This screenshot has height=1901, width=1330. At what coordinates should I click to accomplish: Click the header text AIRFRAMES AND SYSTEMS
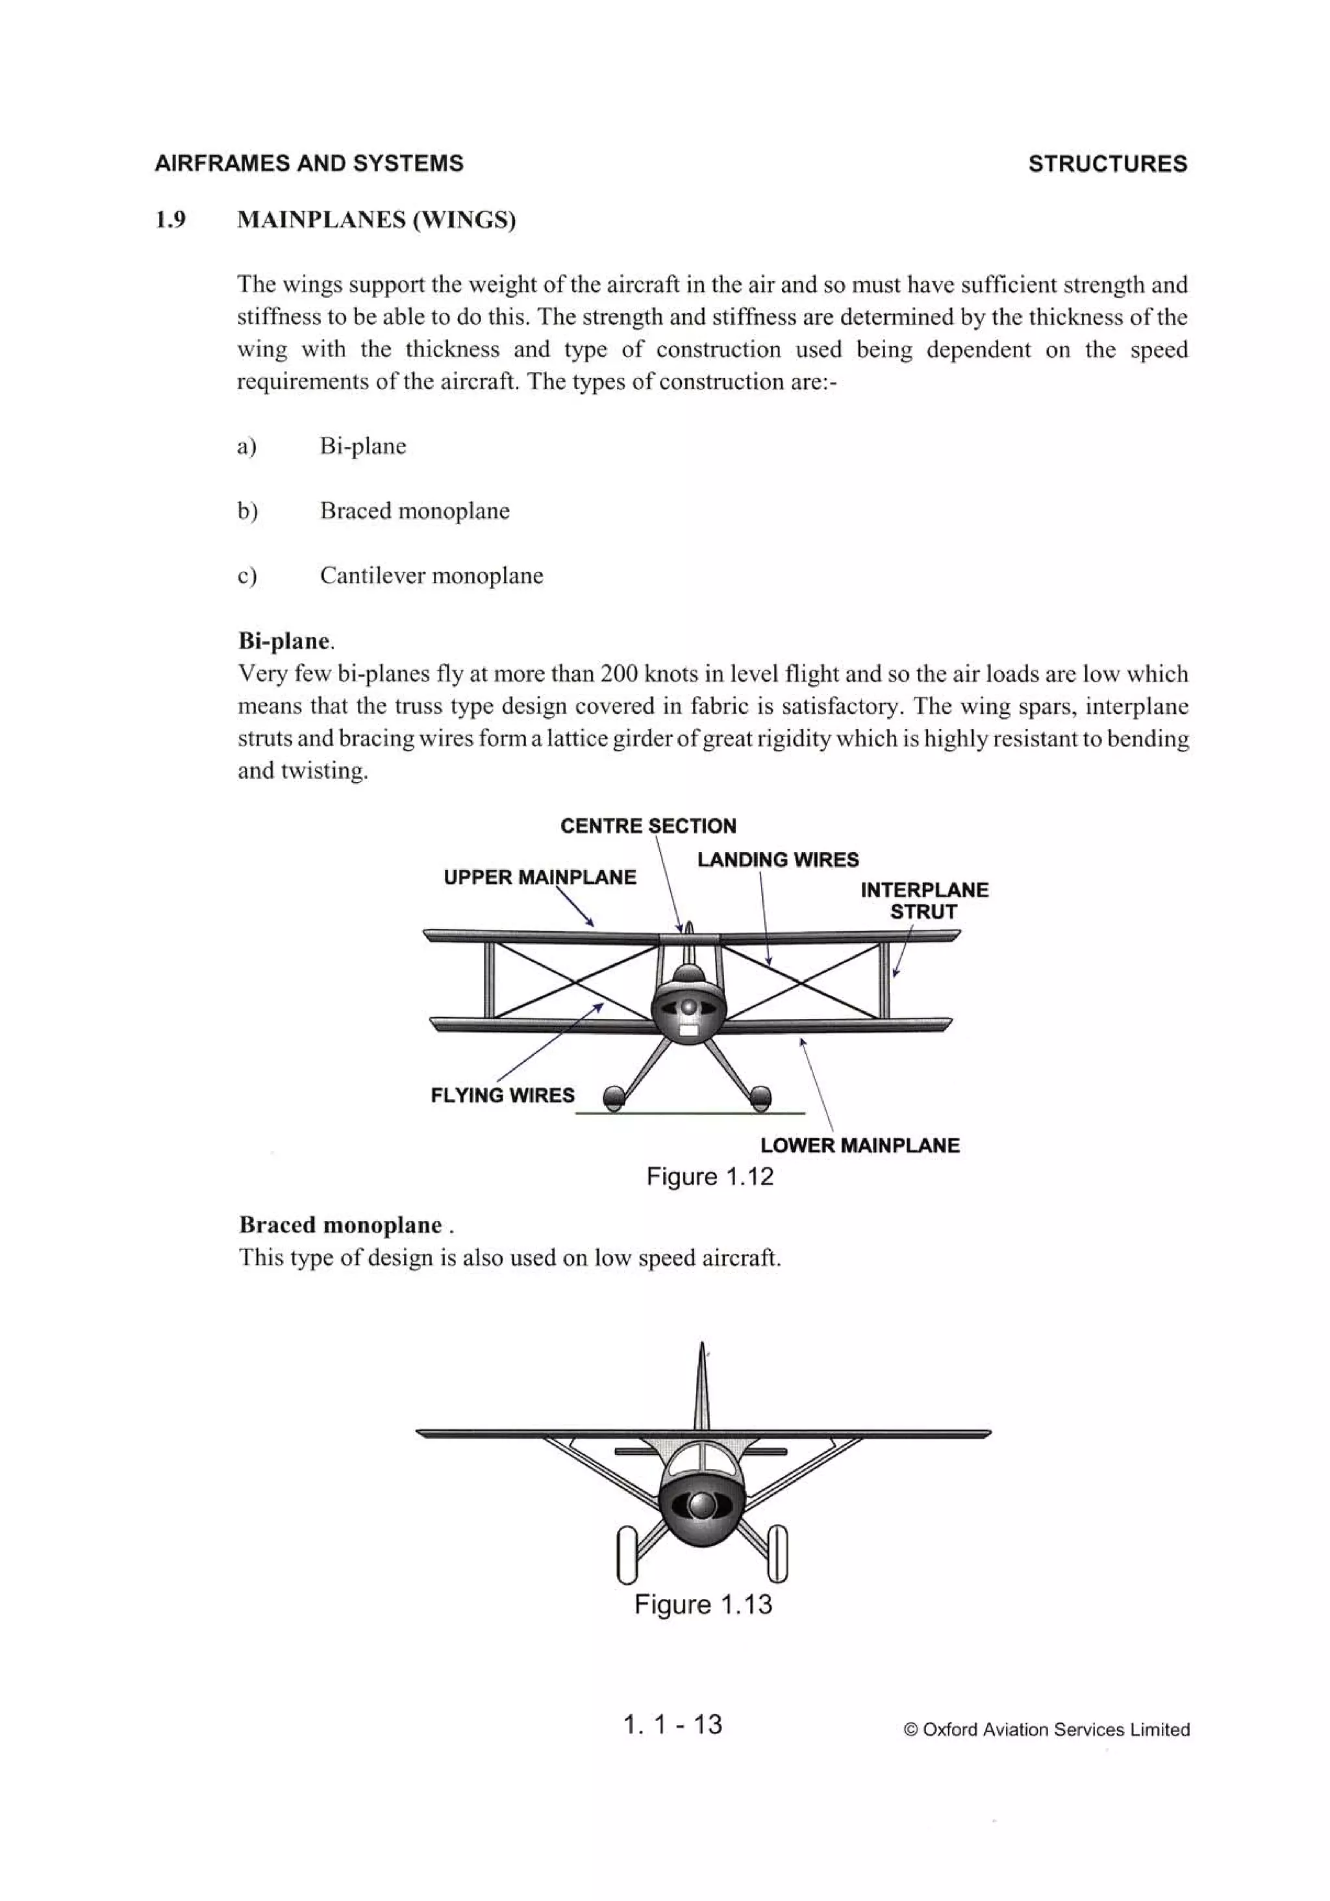[x=309, y=163]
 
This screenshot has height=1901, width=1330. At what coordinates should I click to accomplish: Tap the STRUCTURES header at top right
[x=1107, y=164]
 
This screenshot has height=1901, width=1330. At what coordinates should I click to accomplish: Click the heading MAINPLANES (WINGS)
[x=376, y=220]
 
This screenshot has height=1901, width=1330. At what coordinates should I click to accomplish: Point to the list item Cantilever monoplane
[x=431, y=575]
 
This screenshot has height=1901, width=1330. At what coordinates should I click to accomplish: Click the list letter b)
[x=247, y=511]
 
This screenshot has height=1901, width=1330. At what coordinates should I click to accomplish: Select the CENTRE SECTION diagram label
[x=647, y=825]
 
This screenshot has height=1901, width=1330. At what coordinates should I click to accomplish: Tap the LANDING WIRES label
[x=777, y=859]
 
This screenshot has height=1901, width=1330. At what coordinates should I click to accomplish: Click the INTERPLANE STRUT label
[x=923, y=901]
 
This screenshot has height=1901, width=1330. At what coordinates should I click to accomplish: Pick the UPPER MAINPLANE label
[x=539, y=877]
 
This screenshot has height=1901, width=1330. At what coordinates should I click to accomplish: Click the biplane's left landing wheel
[x=613, y=1099]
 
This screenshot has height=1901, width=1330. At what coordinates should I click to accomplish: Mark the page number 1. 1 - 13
[x=671, y=1724]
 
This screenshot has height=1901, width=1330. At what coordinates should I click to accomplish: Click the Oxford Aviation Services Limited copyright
[x=1046, y=1730]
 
